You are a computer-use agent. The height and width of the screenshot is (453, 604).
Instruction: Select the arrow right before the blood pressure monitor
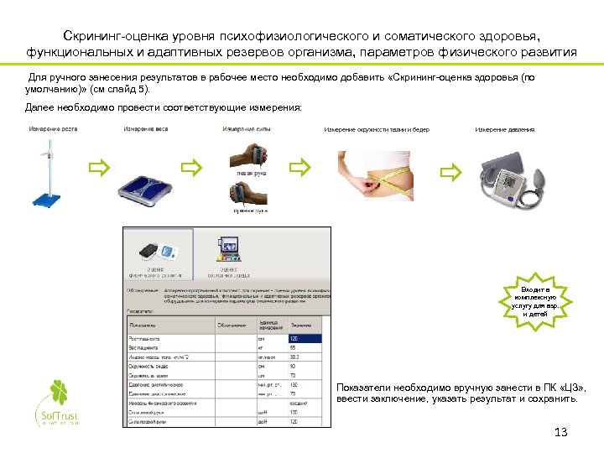pyautogui.click(x=451, y=174)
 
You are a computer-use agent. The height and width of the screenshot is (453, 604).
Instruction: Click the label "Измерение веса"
pyautogui.click(x=145, y=129)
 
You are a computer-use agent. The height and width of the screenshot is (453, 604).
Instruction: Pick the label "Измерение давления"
pyautogui.click(x=505, y=130)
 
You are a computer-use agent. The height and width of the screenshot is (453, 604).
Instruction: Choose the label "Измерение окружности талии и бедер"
pyautogui.click(x=377, y=130)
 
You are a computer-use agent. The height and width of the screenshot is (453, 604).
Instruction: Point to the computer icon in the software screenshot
pyautogui.click(x=230, y=248)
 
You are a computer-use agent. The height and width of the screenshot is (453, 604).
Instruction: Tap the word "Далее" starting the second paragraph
pyautogui.click(x=39, y=108)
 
